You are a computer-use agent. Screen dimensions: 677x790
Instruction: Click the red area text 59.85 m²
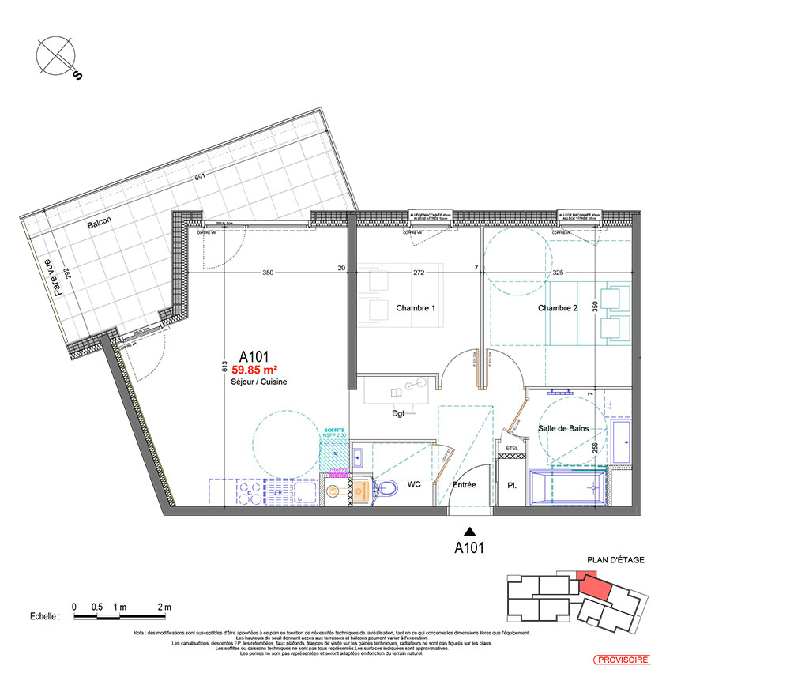tap(254, 368)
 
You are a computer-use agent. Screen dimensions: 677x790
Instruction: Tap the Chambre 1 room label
tap(416, 307)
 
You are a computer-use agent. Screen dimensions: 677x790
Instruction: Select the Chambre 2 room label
tap(558, 307)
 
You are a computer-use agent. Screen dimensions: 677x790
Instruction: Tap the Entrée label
tap(464, 484)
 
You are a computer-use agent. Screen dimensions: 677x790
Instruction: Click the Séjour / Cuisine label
tap(254, 382)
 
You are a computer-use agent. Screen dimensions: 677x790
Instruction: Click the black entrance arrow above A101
tap(469, 532)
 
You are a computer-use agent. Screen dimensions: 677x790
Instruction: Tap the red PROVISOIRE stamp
tap(622, 659)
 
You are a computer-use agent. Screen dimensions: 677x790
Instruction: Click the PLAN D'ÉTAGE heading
tap(615, 560)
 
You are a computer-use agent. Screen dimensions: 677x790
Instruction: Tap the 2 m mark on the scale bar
tap(164, 607)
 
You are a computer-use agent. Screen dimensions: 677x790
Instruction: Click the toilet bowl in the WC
tap(386, 489)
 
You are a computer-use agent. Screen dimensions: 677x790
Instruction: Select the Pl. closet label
tap(510, 485)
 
